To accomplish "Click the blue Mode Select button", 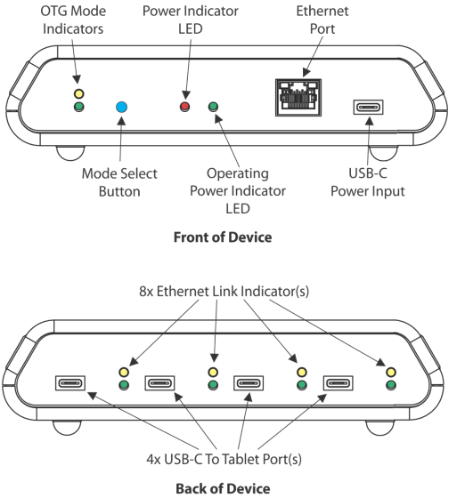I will click(122, 108).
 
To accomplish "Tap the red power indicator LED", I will click(185, 108).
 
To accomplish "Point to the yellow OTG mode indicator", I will click(78, 92).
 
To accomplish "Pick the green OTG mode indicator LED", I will click(78, 108).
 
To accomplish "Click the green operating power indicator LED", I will click(213, 108).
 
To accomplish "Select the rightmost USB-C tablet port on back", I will click(339, 384).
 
